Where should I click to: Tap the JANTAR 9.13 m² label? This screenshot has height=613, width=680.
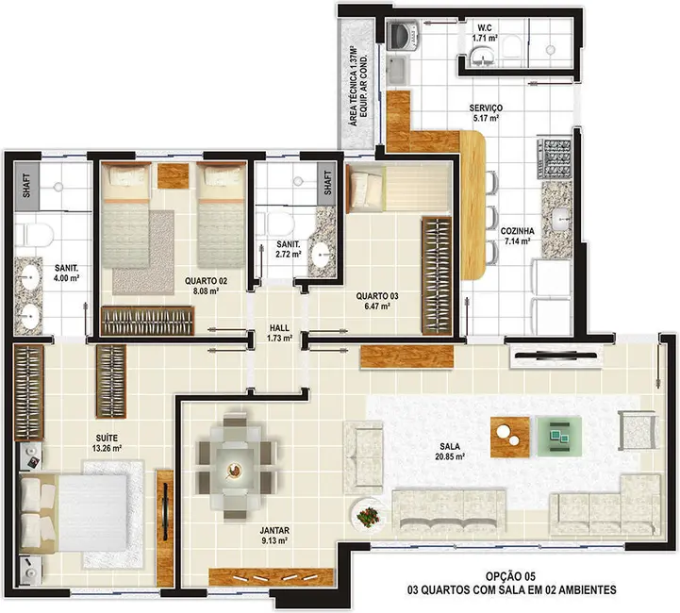tap(274, 535)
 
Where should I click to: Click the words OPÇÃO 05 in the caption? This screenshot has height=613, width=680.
tap(512, 575)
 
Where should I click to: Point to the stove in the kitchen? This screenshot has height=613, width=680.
tap(551, 157)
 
